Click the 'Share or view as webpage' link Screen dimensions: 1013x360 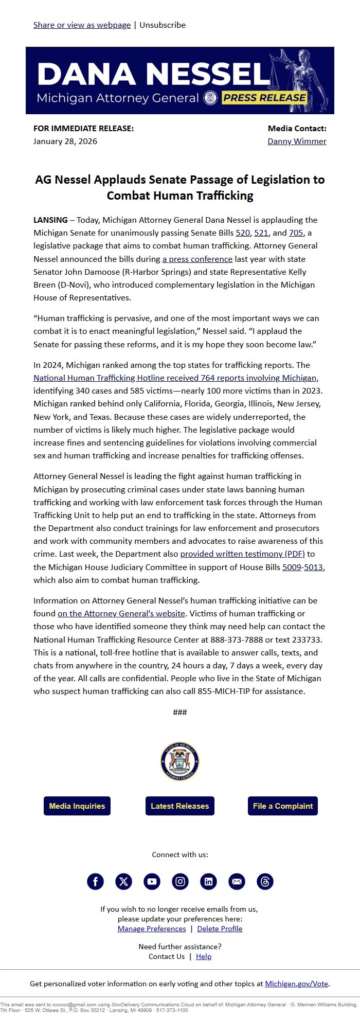[x=82, y=25]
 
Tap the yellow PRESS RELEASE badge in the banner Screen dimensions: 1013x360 [x=264, y=98]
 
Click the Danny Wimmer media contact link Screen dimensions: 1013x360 [x=297, y=141]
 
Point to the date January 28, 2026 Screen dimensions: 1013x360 [x=65, y=141]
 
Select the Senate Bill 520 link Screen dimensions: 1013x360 [x=242, y=233]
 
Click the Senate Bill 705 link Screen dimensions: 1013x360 [x=296, y=233]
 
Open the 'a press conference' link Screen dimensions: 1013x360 [x=197, y=259]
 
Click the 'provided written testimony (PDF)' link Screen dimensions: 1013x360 [x=242, y=554]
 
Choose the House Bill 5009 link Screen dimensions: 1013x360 [x=292, y=567]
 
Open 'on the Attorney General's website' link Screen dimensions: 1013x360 [x=121, y=613]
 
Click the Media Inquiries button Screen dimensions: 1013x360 [x=77, y=806]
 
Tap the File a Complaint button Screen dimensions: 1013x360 [x=282, y=806]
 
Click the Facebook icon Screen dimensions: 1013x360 [x=95, y=881]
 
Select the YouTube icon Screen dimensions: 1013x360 [x=152, y=881]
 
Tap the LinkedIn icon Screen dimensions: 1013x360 [x=208, y=881]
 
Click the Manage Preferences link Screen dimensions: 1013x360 [x=152, y=929]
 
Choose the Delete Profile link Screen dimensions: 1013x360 [x=220, y=929]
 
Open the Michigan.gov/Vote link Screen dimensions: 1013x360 [x=296, y=984]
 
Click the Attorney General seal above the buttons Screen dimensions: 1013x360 [x=180, y=761]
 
